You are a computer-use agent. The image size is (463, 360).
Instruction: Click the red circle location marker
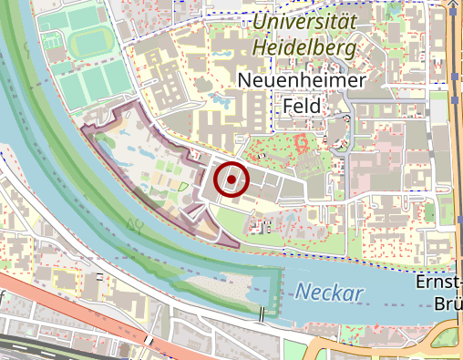coord(231,180)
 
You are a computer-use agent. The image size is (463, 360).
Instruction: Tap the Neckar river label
coord(329,293)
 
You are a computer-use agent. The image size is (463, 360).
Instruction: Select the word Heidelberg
coord(305,47)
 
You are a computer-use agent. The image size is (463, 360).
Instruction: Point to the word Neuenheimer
coord(301,81)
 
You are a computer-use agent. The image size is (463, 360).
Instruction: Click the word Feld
coord(301,106)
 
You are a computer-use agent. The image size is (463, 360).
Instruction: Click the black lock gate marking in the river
coord(262,314)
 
